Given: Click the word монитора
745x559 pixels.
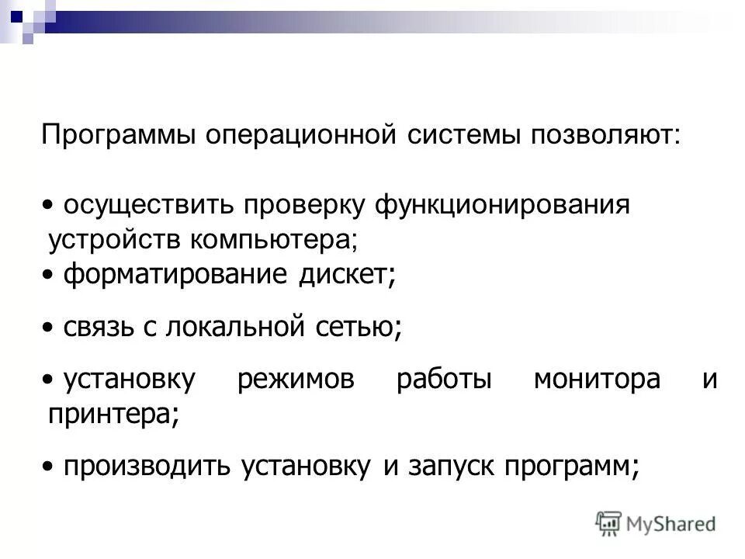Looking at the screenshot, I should click(x=597, y=380).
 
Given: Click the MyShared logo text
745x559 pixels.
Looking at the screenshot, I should click(x=672, y=524).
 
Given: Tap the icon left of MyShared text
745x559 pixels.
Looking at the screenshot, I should click(x=609, y=523).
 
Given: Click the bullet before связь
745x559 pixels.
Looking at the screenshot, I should click(x=48, y=328).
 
